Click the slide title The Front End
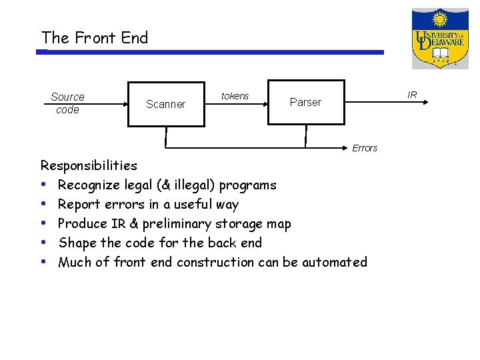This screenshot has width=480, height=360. (95, 38)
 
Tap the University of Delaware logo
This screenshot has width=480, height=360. (439, 38)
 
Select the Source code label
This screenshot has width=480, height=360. (67, 103)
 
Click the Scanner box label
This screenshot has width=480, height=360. (165, 104)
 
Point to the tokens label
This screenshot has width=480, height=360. (235, 96)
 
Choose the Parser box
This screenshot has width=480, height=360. (306, 102)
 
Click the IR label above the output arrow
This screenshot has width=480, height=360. (412, 95)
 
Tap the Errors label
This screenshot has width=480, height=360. (365, 148)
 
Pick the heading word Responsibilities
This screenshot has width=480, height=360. (89, 165)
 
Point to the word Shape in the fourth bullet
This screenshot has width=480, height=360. (77, 243)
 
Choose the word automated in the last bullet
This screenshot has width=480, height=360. (335, 262)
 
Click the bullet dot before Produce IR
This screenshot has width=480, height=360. (43, 223)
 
